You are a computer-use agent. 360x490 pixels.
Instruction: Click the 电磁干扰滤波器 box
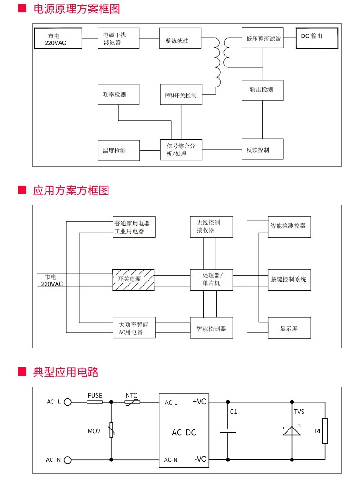[118, 38]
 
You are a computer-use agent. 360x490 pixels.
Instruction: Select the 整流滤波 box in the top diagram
[180, 38]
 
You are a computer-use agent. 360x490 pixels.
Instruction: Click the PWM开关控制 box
[181, 94]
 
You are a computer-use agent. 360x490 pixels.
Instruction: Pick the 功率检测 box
[118, 94]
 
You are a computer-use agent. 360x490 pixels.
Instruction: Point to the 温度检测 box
[118, 150]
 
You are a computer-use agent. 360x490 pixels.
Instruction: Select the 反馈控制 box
[262, 149]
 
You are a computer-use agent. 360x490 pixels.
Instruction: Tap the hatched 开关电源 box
[133, 279]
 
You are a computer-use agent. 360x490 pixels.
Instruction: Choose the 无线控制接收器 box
[211, 226]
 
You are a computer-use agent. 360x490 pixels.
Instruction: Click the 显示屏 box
[289, 328]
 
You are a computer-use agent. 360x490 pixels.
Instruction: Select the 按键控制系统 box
[289, 279]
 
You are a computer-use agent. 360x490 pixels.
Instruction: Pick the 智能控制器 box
[211, 328]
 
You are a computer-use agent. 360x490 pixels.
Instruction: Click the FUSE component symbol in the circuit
[95, 402]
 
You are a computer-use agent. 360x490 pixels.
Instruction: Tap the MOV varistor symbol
[111, 430]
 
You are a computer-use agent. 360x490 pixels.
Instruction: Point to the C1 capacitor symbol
[227, 430]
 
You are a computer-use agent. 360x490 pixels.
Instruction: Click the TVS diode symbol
[292, 430]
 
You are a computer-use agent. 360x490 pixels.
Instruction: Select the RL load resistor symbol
[324, 430]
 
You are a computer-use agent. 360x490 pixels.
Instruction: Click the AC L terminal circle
[67, 402]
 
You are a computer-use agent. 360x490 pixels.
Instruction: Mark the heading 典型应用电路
[66, 372]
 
